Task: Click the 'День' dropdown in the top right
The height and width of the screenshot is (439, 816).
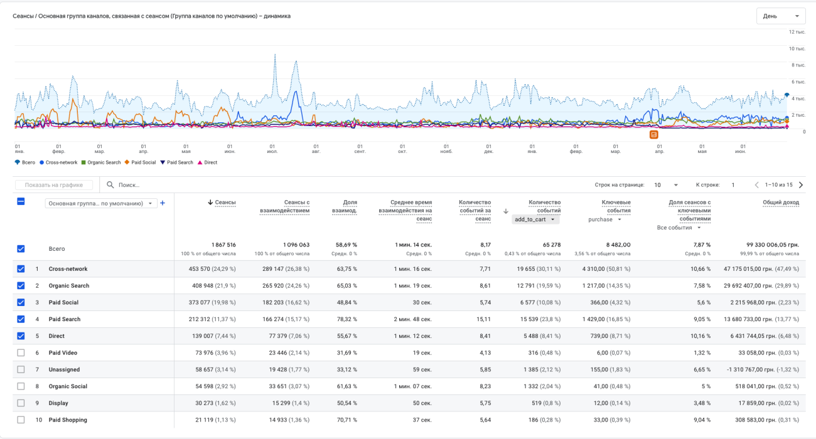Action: (781, 16)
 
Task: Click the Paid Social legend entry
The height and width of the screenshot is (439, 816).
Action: (142, 162)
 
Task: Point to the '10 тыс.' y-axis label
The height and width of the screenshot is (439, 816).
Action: (797, 48)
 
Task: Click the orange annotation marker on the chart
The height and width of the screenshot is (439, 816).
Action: (653, 134)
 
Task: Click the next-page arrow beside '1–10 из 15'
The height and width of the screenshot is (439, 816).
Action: (801, 185)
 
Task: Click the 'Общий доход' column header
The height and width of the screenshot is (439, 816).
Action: (781, 203)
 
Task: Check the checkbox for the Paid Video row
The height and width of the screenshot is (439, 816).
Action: (21, 353)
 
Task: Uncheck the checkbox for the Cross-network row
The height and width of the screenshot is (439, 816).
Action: (21, 269)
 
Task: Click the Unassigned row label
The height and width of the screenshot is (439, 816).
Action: (64, 370)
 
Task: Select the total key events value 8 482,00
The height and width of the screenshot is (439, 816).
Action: (617, 245)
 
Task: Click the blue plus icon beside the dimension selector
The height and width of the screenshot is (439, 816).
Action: (163, 203)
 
